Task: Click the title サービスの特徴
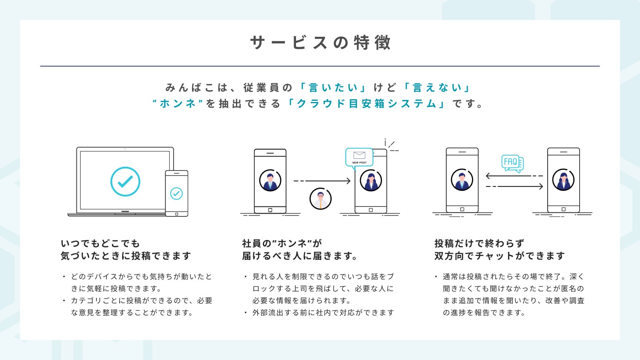pos(320,42)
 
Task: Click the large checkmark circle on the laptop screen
pos(125,182)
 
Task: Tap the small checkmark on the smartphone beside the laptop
pos(176,194)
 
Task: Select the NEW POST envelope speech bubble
pos(359,157)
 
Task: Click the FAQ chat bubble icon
pos(512,162)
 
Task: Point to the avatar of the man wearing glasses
pos(320,198)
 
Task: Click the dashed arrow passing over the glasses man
pos(322,181)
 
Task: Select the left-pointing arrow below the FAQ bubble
pos(514,176)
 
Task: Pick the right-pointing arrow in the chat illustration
pos(514,186)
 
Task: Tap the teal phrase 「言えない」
pos(436,88)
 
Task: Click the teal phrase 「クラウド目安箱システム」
pos(366,104)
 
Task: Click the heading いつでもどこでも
pos(100,243)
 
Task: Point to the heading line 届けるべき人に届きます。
pos(300,256)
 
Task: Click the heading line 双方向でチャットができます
pos(500,256)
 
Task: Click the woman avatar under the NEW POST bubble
pos(371,181)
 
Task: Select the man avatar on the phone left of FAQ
pos(462,180)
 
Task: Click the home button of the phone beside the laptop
pos(176,214)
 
